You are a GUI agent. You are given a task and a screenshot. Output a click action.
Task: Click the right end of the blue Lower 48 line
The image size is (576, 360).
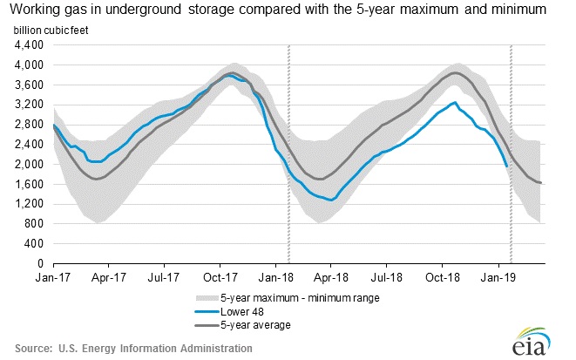tap(507, 166)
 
